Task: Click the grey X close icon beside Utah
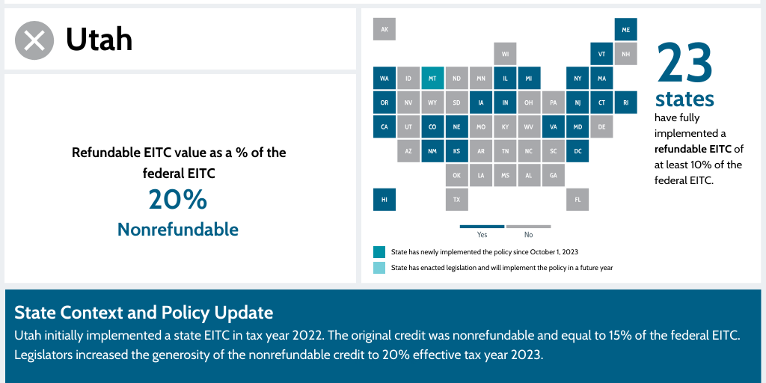coord(34,40)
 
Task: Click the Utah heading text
coord(99,39)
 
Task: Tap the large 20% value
coord(177,200)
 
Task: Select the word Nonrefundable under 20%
coord(177,230)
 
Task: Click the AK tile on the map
coord(384,29)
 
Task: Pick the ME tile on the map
coord(625,29)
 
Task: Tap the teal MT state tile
coord(432,78)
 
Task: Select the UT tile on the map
coord(408,127)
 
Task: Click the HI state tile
coord(384,200)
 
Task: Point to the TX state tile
coord(456,200)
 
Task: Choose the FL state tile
coord(577,200)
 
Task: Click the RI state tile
coord(625,102)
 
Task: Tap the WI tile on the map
coord(505,54)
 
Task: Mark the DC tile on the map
coord(577,151)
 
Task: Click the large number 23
coord(684,64)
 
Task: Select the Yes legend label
coord(482,235)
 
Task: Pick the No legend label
coord(529,235)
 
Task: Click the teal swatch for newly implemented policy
coord(379,252)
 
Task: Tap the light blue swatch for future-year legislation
coord(379,268)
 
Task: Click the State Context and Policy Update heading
coord(144,312)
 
